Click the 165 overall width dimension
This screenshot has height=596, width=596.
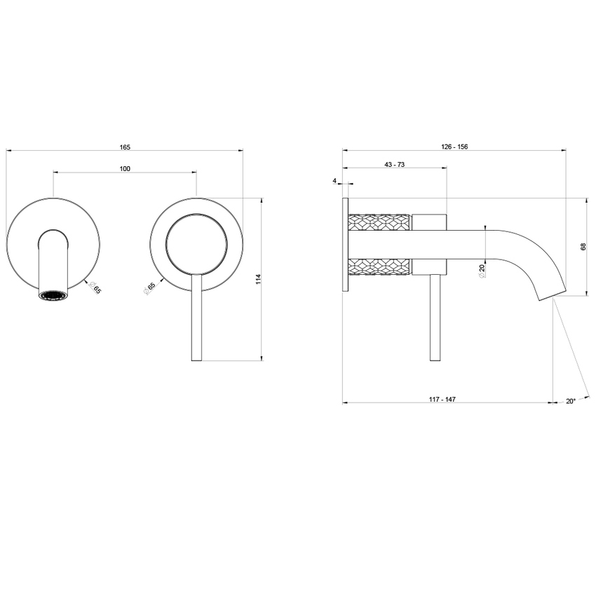point(125,147)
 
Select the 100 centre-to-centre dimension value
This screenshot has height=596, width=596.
point(125,168)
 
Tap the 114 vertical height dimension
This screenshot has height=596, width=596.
point(258,279)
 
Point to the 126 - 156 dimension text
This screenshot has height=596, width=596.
point(454,147)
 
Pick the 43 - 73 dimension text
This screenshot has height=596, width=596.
point(395,164)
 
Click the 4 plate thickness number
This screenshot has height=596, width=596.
point(335,181)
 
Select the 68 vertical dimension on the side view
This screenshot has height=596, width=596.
point(583,247)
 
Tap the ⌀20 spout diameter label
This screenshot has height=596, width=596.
point(482,269)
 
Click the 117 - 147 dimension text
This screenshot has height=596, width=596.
point(442,400)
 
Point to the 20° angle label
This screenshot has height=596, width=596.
point(570,401)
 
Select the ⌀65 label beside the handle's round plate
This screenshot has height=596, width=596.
point(150,288)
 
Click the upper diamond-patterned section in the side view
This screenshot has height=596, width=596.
point(379,222)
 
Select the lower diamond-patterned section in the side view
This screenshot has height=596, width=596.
point(379,267)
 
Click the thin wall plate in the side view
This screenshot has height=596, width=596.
point(345,245)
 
